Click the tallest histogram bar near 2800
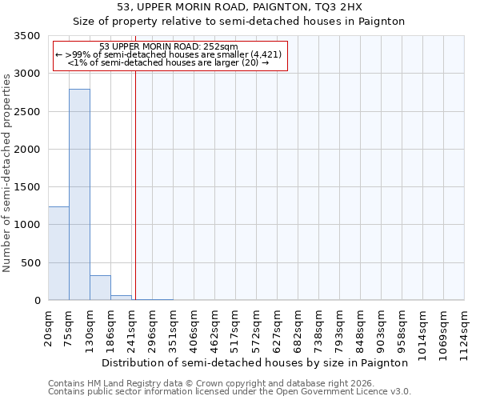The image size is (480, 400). (79, 194)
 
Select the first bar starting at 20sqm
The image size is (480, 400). (58, 253)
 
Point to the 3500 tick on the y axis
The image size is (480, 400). (28, 37)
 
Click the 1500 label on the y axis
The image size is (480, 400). (28, 187)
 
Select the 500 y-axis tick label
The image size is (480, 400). (31, 263)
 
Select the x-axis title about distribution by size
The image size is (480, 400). (256, 362)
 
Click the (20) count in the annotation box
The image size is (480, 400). (250, 62)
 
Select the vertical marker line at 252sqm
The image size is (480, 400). (136, 184)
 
